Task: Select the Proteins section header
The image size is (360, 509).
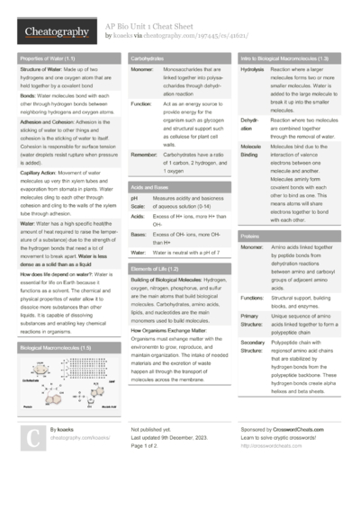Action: (252, 235)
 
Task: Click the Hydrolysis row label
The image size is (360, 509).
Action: (253, 69)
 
